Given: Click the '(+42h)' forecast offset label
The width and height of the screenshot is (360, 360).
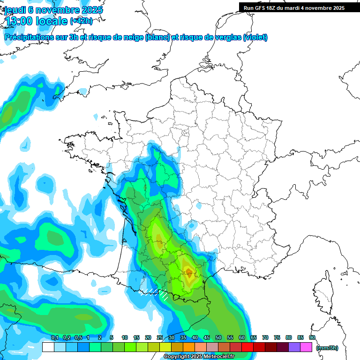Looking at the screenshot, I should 81,21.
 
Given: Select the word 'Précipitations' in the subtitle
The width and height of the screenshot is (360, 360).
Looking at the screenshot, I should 28,37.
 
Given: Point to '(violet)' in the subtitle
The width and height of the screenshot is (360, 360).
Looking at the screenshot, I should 255,37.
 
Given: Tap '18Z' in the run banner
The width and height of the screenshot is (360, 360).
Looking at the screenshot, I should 274,8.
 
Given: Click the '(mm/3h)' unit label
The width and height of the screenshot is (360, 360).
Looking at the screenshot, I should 327,348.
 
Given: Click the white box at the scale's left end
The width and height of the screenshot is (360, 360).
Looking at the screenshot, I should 48,347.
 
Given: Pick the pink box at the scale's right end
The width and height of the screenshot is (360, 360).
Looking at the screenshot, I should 306,347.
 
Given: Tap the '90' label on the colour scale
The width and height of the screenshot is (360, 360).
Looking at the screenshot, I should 312,338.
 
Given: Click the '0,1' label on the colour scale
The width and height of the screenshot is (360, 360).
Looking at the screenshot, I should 54,338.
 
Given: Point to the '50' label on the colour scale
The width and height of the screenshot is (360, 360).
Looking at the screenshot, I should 218,338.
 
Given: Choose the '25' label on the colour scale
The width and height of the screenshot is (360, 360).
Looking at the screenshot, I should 160,338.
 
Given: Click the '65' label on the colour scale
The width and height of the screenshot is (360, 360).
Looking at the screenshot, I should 254,338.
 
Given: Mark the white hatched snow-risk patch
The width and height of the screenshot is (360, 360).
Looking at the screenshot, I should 155,293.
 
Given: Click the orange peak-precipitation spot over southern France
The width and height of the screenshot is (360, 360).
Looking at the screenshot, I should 188,271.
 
